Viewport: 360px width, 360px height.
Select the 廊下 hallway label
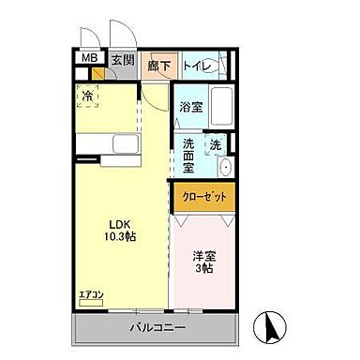[x=159, y=67]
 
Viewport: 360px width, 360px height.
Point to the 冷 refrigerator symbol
[x=87, y=96]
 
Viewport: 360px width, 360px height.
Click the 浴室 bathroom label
[x=190, y=108]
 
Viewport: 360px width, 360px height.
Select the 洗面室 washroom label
[x=188, y=156]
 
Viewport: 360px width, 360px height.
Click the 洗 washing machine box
[x=217, y=147]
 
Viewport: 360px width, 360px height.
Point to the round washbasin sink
[x=225, y=168]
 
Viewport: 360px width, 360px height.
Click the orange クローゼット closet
[x=202, y=199]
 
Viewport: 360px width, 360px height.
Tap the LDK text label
[x=119, y=225]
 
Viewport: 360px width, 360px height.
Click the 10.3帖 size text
[x=119, y=239]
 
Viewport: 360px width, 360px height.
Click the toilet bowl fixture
[x=226, y=67]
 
